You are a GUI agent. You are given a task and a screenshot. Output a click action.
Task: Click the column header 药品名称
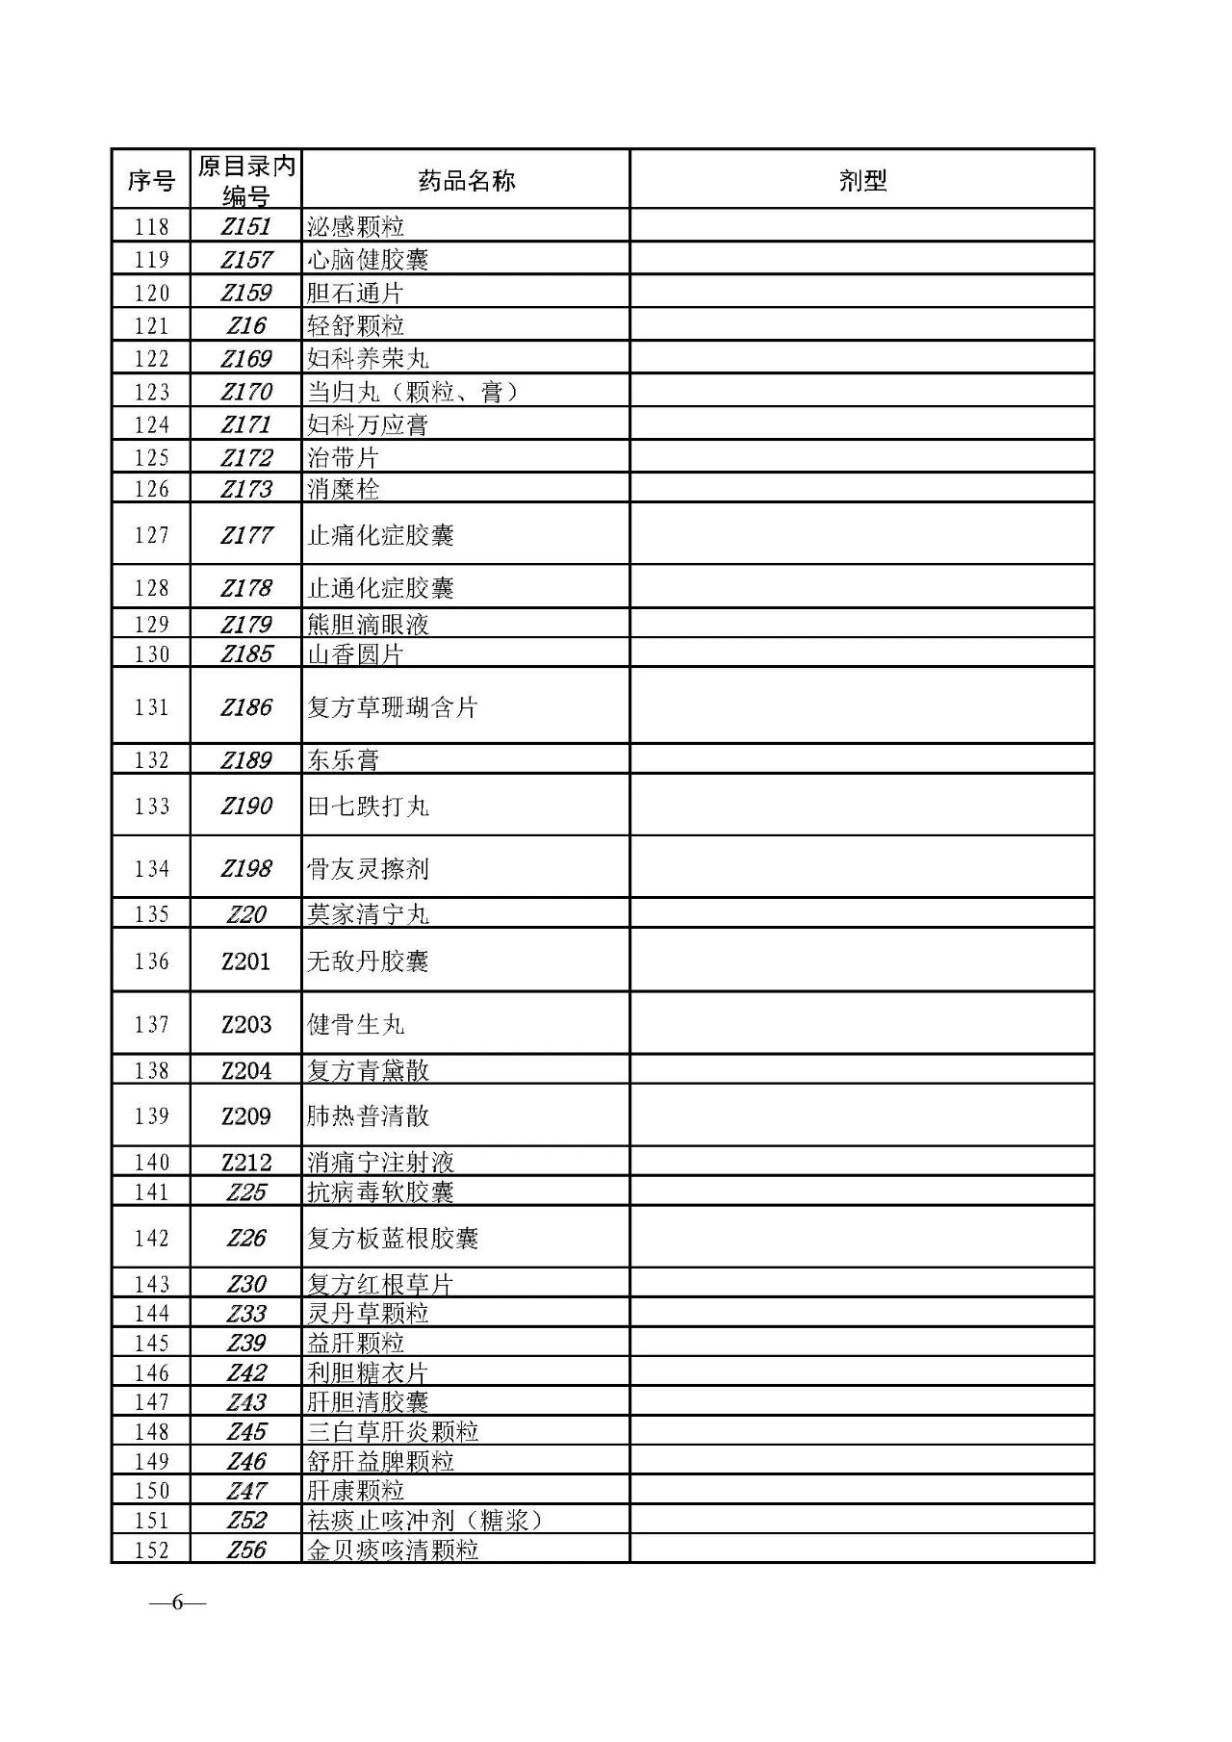coord(467,180)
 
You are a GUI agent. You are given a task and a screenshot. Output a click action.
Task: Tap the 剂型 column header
coord(861,180)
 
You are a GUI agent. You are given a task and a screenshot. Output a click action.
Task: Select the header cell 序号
coord(151,180)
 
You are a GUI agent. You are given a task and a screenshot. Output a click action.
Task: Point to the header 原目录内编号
coord(246,180)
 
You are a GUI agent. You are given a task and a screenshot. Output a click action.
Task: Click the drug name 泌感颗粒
coord(355,227)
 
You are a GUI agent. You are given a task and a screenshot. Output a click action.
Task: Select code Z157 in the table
coord(246,260)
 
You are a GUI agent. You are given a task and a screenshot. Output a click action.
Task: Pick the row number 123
coord(152,392)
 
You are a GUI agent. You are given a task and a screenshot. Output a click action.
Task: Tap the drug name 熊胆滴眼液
coord(368,625)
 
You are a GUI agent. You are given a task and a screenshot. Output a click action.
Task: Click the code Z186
coord(246,707)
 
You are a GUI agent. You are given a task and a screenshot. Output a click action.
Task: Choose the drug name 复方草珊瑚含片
coord(393,707)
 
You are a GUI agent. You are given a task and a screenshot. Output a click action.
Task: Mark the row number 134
coord(152,869)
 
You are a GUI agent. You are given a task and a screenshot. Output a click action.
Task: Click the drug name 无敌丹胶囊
coord(368,961)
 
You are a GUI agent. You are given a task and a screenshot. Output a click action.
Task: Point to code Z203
coord(246,1024)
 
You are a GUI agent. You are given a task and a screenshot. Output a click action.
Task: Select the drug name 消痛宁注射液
coord(380,1163)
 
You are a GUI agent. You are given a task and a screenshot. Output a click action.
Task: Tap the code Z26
coord(246,1238)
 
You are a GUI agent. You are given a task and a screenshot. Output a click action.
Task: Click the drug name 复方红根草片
coord(380,1284)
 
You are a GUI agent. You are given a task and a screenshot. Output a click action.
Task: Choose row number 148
coord(152,1431)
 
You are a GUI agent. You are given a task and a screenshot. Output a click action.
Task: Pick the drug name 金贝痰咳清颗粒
coord(393,1550)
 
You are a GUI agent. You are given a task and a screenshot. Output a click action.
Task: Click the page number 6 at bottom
coord(178,1602)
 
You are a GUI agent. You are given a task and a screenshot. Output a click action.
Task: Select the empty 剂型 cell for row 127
coord(861,534)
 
